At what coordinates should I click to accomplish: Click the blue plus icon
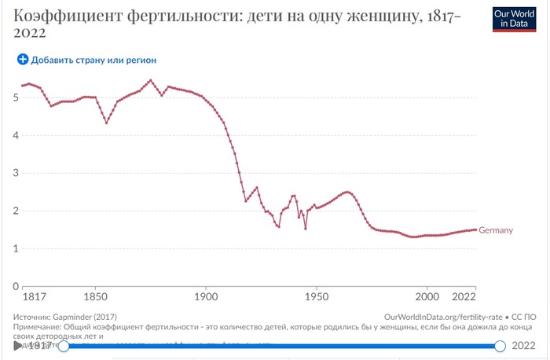click(x=23, y=59)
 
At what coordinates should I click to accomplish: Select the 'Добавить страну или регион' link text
click(x=93, y=60)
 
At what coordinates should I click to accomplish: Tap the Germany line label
click(x=496, y=230)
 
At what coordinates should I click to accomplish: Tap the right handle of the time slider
click(x=500, y=346)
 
